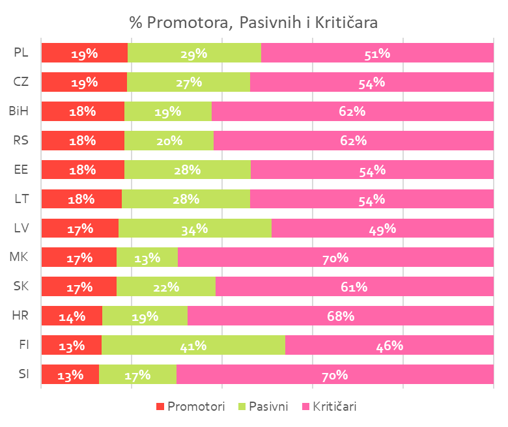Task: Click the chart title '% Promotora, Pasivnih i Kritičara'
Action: coord(253,23)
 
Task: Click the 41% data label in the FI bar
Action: coord(193,346)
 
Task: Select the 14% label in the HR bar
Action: coord(72,316)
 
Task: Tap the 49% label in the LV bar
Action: coord(382,228)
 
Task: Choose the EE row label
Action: coord(21,170)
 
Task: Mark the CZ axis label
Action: coord(21,82)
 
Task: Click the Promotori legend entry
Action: coord(190,407)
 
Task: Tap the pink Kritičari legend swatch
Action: coord(307,407)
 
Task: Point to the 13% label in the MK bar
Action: coord(147,258)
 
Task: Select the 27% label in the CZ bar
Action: coord(189,82)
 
